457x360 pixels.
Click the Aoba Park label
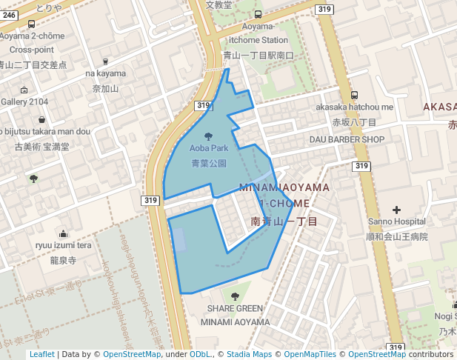tap(209, 148)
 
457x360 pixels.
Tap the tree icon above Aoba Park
tap(209, 136)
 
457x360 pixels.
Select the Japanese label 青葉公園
tap(209, 163)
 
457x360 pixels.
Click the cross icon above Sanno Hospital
tap(396, 210)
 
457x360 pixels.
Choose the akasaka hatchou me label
tap(355, 107)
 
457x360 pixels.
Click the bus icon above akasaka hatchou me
tap(355, 95)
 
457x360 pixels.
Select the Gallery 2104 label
tap(24, 101)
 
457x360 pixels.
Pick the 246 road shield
tap(9, 5)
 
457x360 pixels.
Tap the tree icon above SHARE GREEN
tap(235, 296)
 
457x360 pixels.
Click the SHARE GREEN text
tap(235, 309)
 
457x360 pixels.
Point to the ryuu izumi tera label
tap(64, 246)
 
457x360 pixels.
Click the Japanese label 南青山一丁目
tap(284, 221)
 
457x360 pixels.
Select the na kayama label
tap(106, 74)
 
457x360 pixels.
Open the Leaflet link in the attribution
tap(41, 355)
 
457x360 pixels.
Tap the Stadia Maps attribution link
tap(248, 355)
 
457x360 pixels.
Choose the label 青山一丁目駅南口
tap(258, 55)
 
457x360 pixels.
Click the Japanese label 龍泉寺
tap(64, 261)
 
